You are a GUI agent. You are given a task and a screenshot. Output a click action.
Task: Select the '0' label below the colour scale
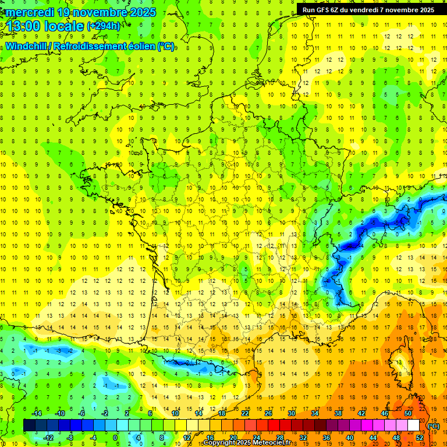pyautogui.click(x=115, y=438)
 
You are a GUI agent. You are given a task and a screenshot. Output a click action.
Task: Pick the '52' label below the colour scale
pyautogui.click(x=419, y=438)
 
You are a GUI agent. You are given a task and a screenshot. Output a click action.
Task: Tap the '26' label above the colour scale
pyautogui.click(x=268, y=413)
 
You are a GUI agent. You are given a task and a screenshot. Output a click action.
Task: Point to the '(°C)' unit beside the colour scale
pyautogui.click(x=434, y=426)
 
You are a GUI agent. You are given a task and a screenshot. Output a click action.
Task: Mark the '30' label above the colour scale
pyautogui.click(x=291, y=413)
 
